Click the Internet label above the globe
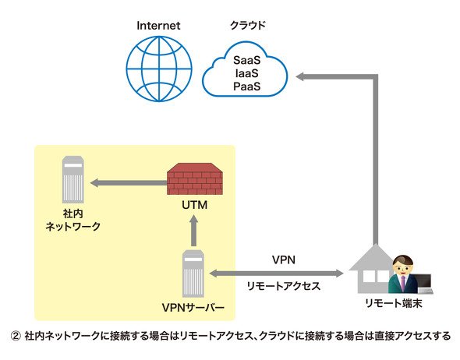pos(158,26)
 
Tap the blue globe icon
pos(159,69)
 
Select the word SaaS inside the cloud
pos(246,60)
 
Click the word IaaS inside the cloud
pos(246,73)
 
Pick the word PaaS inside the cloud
pos(246,86)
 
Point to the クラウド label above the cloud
pos(248,25)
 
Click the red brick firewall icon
pos(195,178)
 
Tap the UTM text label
pos(194,205)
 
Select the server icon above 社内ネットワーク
pos(73,179)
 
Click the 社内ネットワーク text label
pos(73,220)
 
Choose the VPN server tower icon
pos(193,274)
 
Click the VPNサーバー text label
pos(193,308)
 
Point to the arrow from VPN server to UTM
pos(193,231)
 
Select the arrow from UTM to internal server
pos(129,183)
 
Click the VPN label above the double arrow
pos(284,259)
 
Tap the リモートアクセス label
pos(283,286)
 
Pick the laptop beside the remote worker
pos(426,284)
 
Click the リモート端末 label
pos(394,303)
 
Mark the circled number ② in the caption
pos(16,336)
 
